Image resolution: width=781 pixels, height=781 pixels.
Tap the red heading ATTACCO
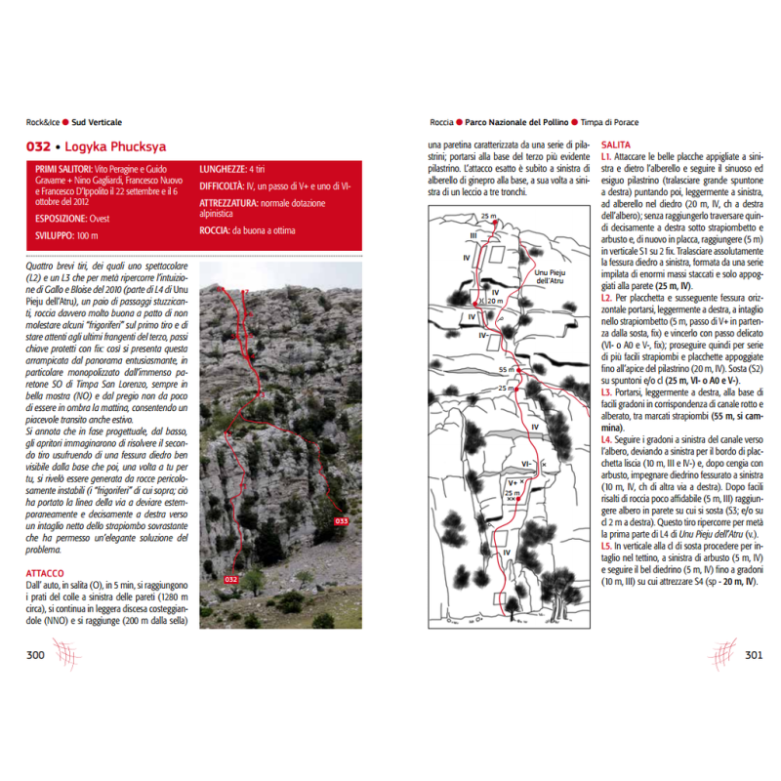pos(47,573)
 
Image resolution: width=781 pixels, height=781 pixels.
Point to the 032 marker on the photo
pos(230,580)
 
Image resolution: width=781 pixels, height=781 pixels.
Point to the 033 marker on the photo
pos(341,520)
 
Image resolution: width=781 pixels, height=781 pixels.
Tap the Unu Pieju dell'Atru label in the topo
pos(554,278)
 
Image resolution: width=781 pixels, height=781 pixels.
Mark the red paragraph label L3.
pos(607,390)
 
